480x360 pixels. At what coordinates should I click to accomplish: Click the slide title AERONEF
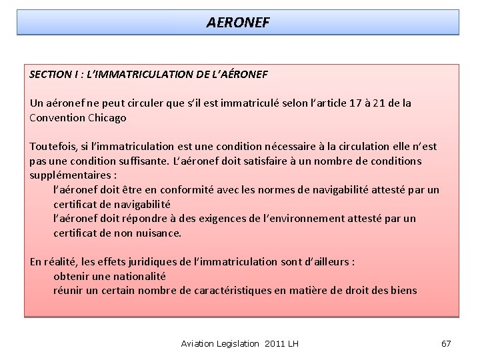pos(238,23)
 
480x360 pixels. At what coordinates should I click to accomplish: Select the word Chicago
pos(106,117)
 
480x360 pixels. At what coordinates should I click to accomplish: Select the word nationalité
pos(135,275)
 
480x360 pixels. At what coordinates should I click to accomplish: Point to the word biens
pos(403,290)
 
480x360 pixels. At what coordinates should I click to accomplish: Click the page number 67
pos(446,343)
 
